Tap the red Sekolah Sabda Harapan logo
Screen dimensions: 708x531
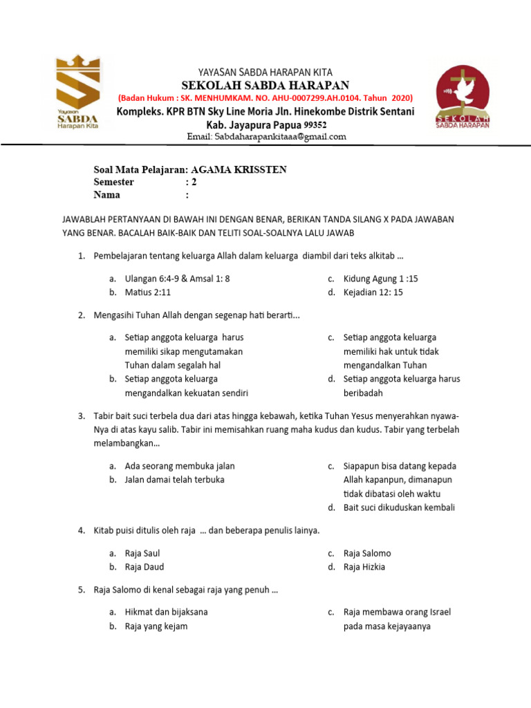(x=463, y=97)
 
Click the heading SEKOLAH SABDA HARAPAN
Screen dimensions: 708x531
(x=265, y=85)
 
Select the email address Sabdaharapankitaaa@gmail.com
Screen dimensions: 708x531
(x=266, y=137)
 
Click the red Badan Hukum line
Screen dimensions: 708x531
(x=265, y=98)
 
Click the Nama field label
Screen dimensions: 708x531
(x=106, y=195)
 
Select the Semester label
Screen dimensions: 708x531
(x=114, y=183)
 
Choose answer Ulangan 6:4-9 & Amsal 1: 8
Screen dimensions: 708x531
(x=176, y=279)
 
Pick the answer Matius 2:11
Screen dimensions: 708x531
(x=147, y=292)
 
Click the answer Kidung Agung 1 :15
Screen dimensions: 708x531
(x=380, y=279)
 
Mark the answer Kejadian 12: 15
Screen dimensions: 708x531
(x=373, y=292)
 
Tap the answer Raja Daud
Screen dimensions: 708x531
(x=144, y=567)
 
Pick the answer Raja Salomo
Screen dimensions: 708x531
(x=366, y=553)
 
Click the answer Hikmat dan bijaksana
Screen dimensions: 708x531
(x=166, y=612)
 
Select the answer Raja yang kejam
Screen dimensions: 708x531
(x=156, y=626)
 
